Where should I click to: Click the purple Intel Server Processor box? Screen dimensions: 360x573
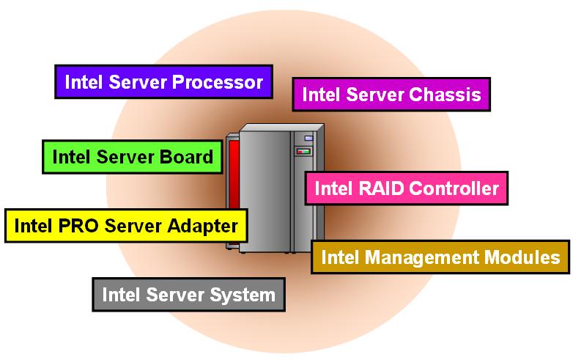pyautogui.click(x=163, y=82)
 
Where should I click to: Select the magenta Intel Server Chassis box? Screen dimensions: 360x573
pyautogui.click(x=391, y=95)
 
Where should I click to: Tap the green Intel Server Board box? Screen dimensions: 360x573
pyautogui.click(x=133, y=156)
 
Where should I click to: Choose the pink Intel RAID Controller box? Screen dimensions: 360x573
pyautogui.click(x=406, y=188)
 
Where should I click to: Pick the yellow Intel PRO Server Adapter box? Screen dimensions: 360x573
pyautogui.click(x=126, y=225)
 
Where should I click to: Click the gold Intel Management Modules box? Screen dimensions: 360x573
pyautogui.click(x=440, y=257)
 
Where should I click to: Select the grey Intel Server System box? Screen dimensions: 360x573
pyautogui.click(x=188, y=295)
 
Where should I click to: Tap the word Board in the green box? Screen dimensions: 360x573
pyautogui.click(x=188, y=156)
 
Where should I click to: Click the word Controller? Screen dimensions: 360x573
pyautogui.click(x=454, y=188)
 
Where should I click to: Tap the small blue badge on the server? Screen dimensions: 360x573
pyautogui.click(x=308, y=138)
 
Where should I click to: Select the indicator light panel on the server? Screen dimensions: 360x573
pyautogui.click(x=303, y=151)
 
